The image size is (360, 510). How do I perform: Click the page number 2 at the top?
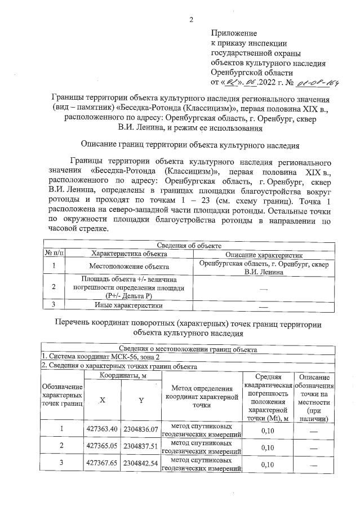coord(191,20)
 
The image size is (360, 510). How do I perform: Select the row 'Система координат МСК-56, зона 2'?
coord(96,357)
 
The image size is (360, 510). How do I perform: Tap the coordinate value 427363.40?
coord(101,429)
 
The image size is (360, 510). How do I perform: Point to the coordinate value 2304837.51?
coord(140,447)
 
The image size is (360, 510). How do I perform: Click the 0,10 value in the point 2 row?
coord(268,447)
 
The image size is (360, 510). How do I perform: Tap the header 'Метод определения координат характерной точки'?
coord(201,396)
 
